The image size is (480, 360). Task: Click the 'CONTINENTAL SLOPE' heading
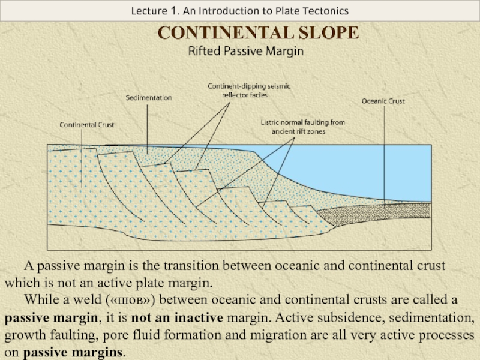(x=258, y=32)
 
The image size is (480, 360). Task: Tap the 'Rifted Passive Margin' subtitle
(x=246, y=52)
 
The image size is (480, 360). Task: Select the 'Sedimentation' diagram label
(x=149, y=97)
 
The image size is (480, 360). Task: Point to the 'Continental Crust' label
(x=86, y=125)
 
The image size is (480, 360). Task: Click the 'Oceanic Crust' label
(x=383, y=101)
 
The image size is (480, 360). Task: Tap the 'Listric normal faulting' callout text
(x=302, y=127)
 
